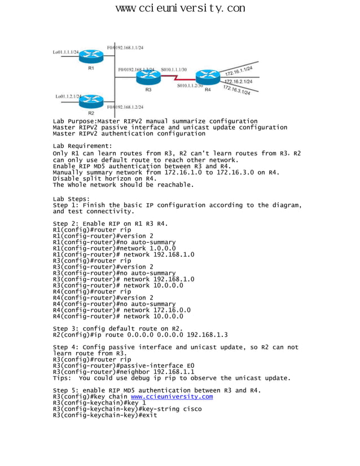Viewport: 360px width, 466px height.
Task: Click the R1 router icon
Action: pos(90,56)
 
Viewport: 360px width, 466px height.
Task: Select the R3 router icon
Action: pos(148,77)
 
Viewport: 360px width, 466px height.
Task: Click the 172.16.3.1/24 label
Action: pos(236,90)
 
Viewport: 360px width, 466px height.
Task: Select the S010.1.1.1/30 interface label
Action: pos(174,70)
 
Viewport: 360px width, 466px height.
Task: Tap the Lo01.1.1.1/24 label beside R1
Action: pos(66,52)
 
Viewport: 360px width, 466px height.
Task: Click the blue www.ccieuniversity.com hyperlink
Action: pos(172,397)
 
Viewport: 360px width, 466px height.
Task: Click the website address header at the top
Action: pos(180,8)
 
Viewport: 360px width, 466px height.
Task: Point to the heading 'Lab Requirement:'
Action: pos(82,146)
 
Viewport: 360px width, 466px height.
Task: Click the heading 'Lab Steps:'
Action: pos(71,199)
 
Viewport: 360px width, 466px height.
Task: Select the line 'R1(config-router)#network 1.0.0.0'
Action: pos(114,248)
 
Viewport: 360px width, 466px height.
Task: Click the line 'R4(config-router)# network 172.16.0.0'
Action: pos(122,310)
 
